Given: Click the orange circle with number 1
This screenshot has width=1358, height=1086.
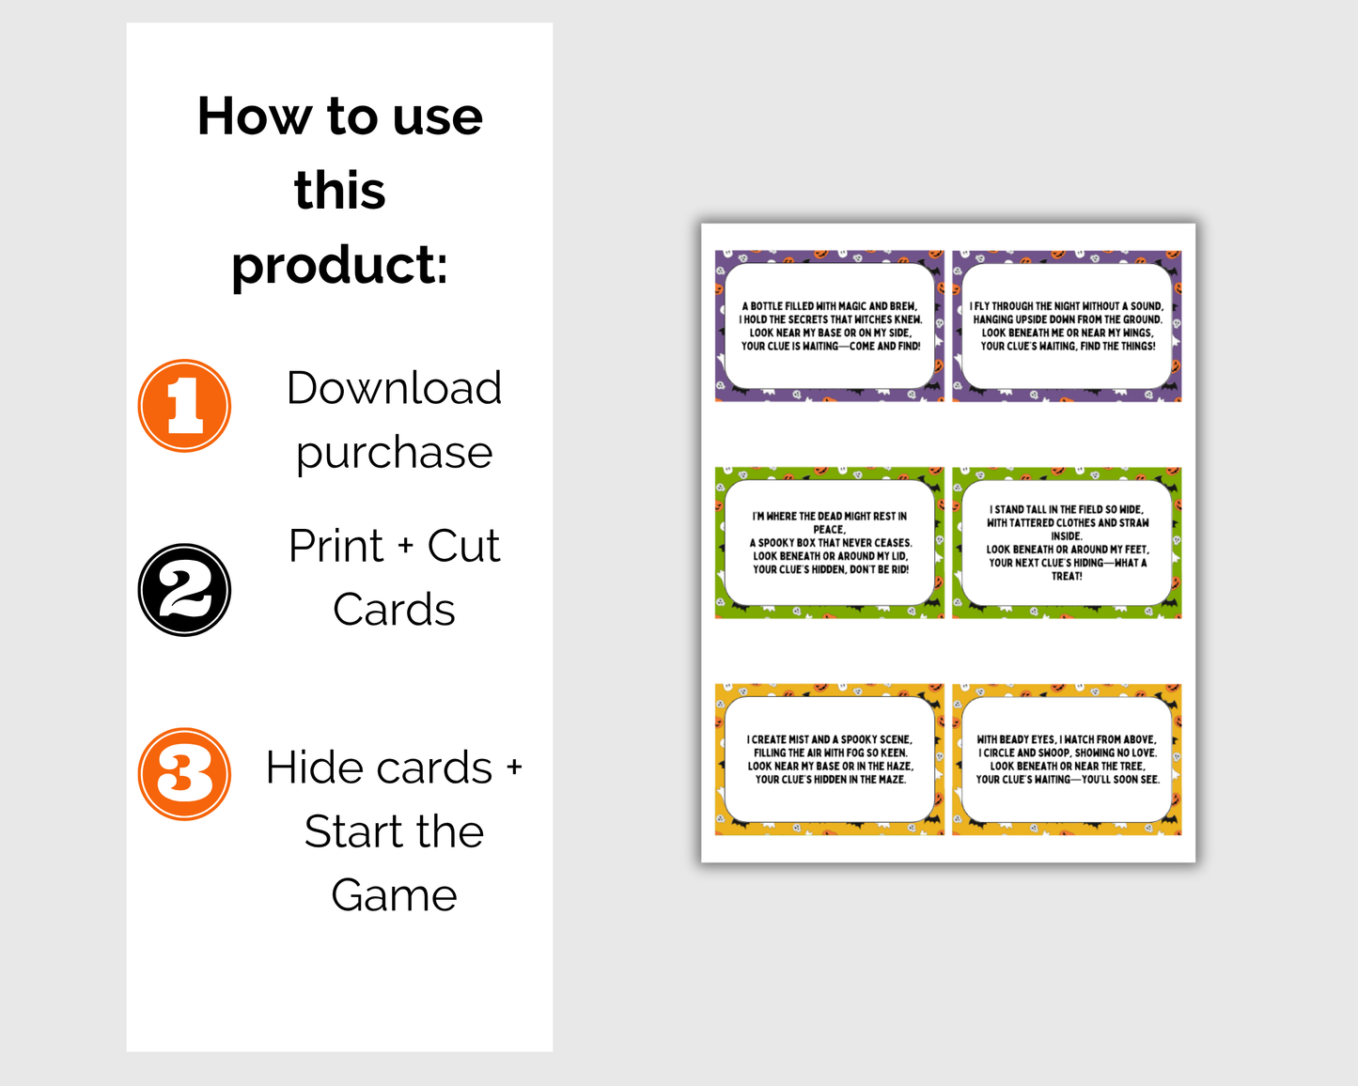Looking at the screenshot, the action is [x=184, y=406].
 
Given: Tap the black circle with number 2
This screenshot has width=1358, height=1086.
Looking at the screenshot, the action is [x=184, y=590].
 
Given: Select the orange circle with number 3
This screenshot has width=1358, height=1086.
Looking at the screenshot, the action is [x=184, y=774].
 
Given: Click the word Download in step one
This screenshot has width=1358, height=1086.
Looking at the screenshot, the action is [x=395, y=387].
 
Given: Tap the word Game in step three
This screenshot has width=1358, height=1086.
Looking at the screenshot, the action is [x=395, y=894].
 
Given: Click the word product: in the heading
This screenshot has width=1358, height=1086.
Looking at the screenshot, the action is [x=340, y=266].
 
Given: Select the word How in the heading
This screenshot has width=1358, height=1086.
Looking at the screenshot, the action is [x=255, y=116].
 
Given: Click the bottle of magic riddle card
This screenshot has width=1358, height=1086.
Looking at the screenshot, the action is [x=830, y=326].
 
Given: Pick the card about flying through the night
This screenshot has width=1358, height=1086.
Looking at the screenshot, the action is [x=1067, y=326].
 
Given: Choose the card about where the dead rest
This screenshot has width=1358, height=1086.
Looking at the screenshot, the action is [x=830, y=543].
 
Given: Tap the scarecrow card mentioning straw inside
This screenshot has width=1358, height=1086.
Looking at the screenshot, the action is [x=1067, y=543].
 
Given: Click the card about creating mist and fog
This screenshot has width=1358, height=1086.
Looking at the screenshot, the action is [x=830, y=760].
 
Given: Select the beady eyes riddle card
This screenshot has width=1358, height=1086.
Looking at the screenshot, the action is [x=1067, y=760].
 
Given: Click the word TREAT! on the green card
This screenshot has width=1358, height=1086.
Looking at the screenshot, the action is [x=1067, y=576].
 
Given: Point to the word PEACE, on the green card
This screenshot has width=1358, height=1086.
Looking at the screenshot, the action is [x=829, y=530].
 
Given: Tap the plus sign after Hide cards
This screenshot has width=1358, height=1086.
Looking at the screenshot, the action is [x=514, y=768].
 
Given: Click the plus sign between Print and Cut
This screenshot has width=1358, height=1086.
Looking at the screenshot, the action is [x=405, y=546].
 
